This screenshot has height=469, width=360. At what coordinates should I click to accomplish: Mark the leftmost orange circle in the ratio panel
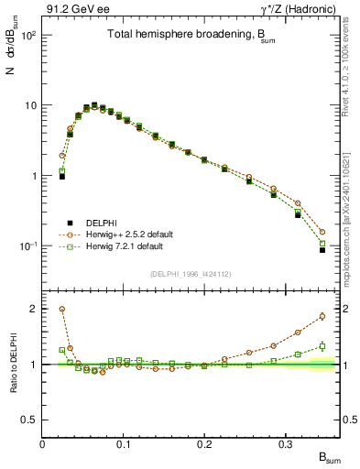pyautogui.click(x=61, y=310)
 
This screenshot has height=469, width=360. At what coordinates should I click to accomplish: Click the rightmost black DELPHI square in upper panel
pyautogui.click(x=322, y=249)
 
